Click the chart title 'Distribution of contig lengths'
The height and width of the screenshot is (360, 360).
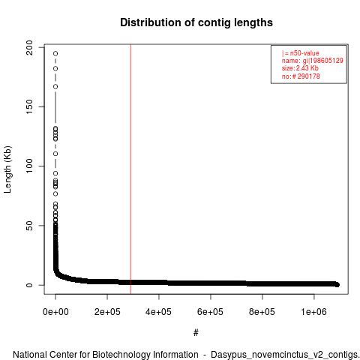tap(196, 22)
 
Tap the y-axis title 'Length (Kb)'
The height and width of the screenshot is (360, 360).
tap(7, 169)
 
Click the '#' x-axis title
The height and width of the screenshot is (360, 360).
tap(196, 333)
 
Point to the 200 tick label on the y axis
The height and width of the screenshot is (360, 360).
tap(29, 47)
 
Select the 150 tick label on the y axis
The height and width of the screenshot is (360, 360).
tap(29, 106)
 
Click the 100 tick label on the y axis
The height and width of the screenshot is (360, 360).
tap(29, 166)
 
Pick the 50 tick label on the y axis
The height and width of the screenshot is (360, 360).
tap(29, 226)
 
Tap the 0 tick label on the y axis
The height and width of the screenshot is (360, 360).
tap(29, 285)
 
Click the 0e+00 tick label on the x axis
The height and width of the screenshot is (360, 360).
tap(55, 312)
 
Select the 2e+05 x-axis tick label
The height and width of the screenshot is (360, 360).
tap(107, 312)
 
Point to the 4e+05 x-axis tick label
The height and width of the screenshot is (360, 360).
tap(159, 312)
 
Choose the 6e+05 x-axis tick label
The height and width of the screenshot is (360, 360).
tap(211, 312)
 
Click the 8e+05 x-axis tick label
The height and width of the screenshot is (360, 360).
tap(262, 312)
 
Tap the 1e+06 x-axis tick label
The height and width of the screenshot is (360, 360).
tap(313, 312)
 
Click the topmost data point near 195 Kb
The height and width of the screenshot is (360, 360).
tap(55, 53)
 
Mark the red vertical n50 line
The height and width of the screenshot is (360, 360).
tap(130, 169)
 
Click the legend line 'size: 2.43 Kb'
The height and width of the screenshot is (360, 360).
tap(300, 68)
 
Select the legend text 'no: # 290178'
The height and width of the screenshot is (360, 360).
tap(301, 76)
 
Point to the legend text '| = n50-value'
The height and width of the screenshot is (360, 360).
tap(301, 53)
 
